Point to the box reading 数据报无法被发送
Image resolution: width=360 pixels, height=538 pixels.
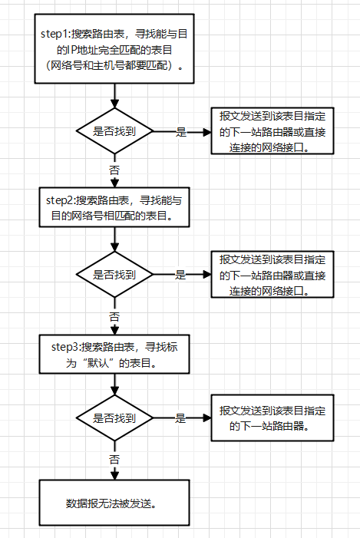(114, 504)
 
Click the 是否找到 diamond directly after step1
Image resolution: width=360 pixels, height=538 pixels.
(114, 131)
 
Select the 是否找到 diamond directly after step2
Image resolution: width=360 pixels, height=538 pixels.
(114, 275)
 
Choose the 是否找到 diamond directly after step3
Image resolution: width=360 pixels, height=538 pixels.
(114, 418)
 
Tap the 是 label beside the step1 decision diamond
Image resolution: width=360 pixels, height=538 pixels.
(181, 131)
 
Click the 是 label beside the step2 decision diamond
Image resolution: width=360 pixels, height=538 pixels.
(181, 275)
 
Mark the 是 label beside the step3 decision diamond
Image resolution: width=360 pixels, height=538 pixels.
(181, 418)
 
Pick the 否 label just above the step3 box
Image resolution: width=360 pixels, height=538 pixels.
(114, 315)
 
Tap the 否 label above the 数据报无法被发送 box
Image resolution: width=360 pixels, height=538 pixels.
(114, 459)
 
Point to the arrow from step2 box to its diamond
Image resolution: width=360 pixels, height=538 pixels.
(114, 238)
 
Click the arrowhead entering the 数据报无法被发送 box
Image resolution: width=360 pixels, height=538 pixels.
(114, 475)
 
